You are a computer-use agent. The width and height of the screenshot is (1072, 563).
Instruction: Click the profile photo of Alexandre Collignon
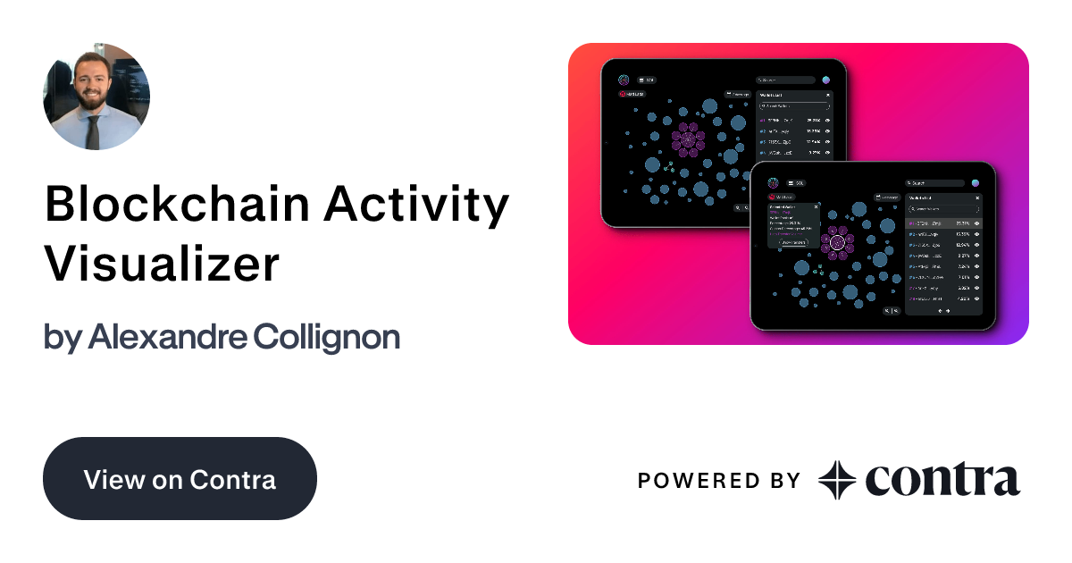(x=96, y=97)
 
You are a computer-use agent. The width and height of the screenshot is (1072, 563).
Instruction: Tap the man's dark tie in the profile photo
(x=93, y=132)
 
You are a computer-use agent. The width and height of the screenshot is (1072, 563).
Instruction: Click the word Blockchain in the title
(x=175, y=206)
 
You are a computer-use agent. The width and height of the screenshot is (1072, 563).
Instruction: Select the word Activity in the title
(x=416, y=206)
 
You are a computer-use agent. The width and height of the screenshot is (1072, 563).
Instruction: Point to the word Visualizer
(x=163, y=264)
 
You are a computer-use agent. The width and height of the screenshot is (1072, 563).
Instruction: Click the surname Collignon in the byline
(x=326, y=337)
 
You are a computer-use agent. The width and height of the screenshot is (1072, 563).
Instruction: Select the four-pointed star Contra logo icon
(x=837, y=480)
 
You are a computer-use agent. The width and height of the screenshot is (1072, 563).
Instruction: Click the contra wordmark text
(x=942, y=480)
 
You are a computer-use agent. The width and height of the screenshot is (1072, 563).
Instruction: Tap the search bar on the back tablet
(x=783, y=80)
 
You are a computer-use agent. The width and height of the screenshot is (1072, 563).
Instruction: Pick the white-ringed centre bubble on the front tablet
(x=837, y=242)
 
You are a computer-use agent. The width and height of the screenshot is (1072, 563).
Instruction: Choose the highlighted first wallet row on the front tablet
(x=944, y=223)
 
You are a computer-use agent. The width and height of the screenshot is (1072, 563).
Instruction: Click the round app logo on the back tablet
(x=624, y=80)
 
